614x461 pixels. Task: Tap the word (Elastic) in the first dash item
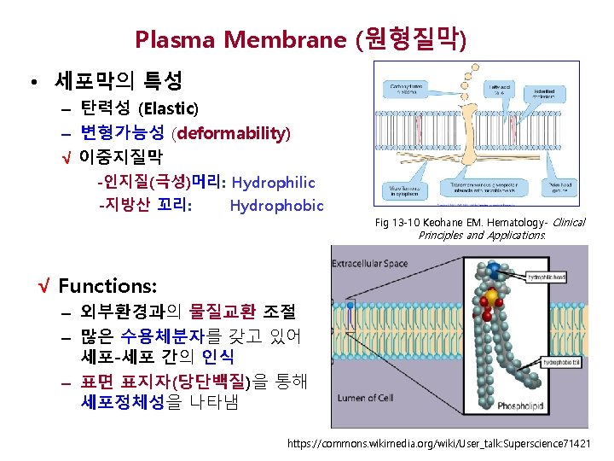coord(168,108)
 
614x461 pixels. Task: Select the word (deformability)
coord(231,133)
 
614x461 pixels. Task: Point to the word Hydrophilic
coord(273,183)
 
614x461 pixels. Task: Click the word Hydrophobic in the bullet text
coord(276,206)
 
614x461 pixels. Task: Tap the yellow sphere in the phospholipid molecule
coord(492,298)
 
